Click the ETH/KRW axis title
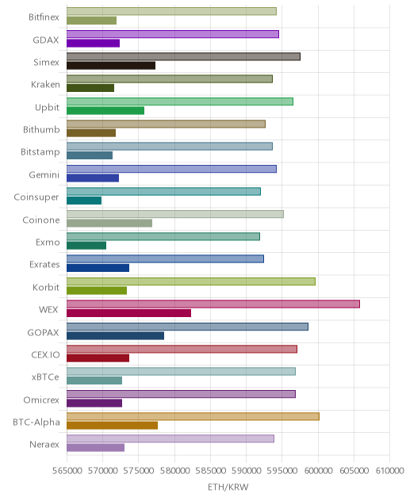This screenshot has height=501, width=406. click(x=228, y=487)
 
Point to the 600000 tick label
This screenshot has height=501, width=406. click(x=318, y=471)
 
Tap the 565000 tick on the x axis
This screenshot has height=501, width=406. click(x=67, y=471)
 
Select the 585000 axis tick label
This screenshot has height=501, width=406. click(x=211, y=471)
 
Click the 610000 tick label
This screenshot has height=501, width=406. click(x=389, y=471)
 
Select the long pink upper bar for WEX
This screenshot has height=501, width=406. click(x=213, y=304)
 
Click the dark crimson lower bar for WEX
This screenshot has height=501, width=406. click(x=128, y=313)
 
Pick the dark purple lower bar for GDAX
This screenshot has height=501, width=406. click(x=93, y=43)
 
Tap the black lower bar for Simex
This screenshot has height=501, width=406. click(x=111, y=66)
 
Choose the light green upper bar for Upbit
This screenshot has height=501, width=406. click(x=180, y=101)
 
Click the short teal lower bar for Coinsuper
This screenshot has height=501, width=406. click(x=84, y=201)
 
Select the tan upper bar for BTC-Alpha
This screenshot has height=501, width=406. click(x=193, y=416)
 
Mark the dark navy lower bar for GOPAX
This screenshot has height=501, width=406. click(x=116, y=335)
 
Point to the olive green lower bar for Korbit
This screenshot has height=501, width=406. click(x=97, y=290)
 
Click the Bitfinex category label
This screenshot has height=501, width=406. click(x=44, y=17)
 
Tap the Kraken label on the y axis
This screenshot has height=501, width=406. click(x=45, y=84)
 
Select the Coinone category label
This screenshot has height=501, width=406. click(x=41, y=220)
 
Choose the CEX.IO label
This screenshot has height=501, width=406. click(x=45, y=354)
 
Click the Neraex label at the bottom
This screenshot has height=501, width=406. click(x=44, y=445)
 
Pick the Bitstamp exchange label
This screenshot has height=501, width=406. click(x=40, y=152)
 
